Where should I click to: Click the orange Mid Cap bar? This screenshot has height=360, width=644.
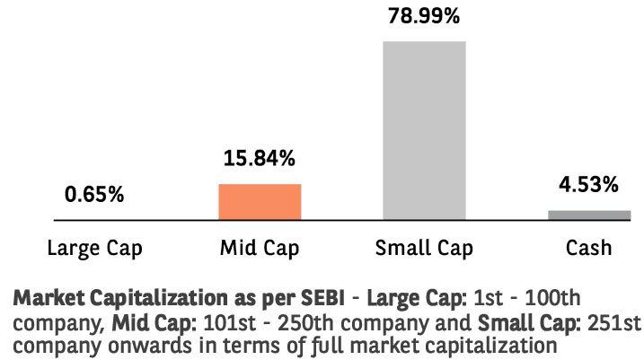point(260,202)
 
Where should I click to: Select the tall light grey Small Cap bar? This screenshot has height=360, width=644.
point(424,130)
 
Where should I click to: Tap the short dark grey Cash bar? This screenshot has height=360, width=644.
point(589,215)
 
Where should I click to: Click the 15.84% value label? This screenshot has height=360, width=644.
point(260,160)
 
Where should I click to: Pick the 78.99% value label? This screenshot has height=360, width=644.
point(424,16)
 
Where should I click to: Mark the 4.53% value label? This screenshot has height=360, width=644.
point(589,186)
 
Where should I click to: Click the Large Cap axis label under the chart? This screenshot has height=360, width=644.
point(94,247)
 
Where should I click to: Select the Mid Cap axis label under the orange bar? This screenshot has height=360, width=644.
point(260,247)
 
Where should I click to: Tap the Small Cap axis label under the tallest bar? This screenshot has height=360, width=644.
point(424,247)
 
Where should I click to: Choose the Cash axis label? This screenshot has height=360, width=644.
point(589,247)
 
